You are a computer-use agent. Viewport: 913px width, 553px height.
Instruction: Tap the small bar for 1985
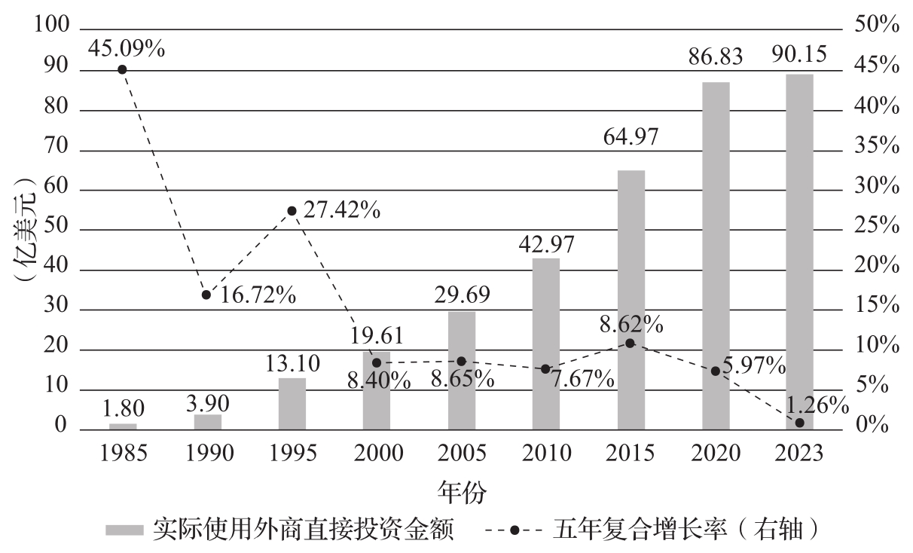point(123,426)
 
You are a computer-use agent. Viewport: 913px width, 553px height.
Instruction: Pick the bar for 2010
point(546,344)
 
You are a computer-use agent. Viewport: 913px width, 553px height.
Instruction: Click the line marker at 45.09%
point(122,69)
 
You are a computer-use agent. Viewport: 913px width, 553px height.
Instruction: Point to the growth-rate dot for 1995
point(292,211)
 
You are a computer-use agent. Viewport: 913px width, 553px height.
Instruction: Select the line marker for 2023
point(799,423)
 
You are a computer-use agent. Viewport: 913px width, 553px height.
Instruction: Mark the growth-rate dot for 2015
point(631,344)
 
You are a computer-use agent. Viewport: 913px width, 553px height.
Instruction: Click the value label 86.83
point(715,57)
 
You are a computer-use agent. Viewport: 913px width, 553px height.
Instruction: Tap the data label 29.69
point(462,295)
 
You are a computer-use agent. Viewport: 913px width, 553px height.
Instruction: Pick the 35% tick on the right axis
point(878,147)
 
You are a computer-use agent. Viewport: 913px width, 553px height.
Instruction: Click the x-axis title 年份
point(461,493)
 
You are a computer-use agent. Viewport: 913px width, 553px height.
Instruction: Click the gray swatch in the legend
point(124,530)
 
